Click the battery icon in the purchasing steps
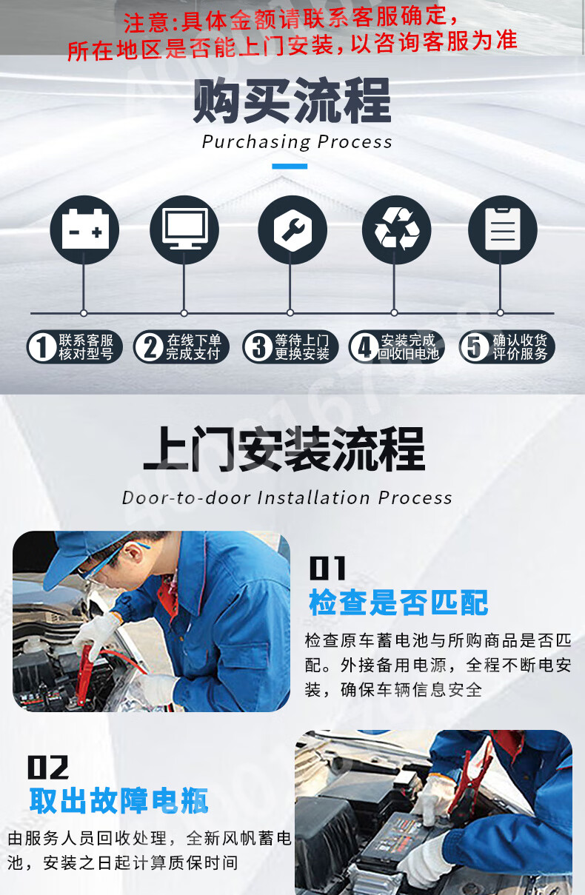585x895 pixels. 84,229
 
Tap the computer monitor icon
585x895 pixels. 184,229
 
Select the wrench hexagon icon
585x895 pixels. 292,229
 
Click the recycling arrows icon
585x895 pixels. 396,229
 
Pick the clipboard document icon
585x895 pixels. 503,229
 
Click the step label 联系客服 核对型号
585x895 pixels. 74,346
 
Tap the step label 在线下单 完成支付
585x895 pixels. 181,346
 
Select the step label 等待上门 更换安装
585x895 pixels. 290,346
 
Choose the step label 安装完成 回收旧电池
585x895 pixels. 397,346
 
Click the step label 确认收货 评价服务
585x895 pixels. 507,346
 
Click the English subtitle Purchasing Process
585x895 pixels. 297,142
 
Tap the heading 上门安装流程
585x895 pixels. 284,449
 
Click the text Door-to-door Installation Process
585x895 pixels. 287,498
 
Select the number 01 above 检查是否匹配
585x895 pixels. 327,568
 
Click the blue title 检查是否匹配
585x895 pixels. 398,603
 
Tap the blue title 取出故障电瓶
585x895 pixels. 119,801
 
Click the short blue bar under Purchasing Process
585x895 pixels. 290,167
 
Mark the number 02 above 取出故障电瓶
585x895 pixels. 48,767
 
